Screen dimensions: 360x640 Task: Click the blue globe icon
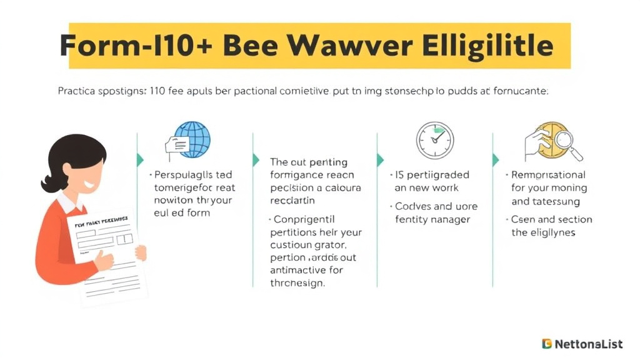pyautogui.click(x=191, y=139)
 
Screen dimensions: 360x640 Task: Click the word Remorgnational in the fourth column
pyautogui.click(x=548, y=175)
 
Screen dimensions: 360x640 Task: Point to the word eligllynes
pyautogui.click(x=551, y=232)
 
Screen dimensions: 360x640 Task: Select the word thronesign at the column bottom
pyautogui.click(x=297, y=282)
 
